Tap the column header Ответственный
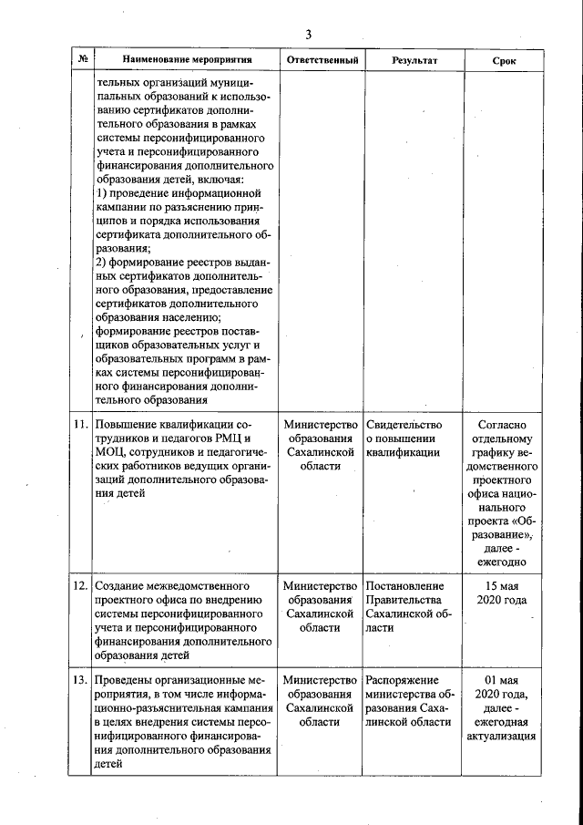322,60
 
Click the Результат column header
414,60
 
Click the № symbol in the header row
82,60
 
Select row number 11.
80,426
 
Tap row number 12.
80,585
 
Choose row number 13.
80,681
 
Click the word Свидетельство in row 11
404,426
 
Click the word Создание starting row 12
121,585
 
